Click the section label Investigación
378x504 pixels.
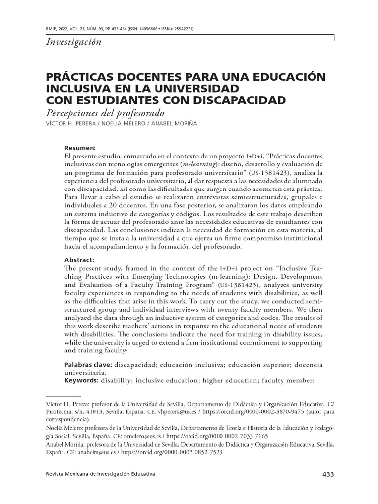pos(73,42)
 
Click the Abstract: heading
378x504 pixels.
pos(79,260)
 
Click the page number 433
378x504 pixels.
pos(328,474)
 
